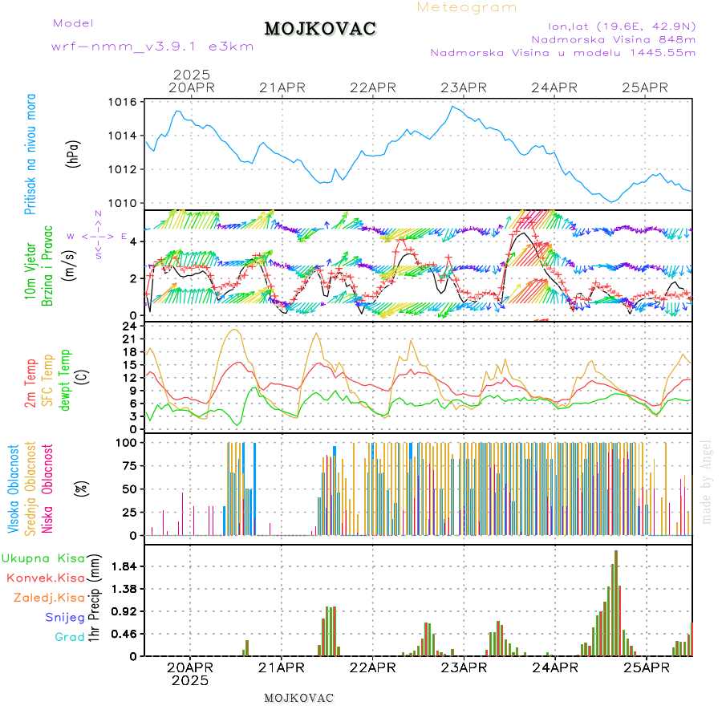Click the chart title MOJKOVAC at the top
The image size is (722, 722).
(x=320, y=29)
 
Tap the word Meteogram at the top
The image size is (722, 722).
(x=468, y=7)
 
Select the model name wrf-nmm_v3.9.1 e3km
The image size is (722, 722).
(x=152, y=47)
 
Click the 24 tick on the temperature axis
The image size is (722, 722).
(x=129, y=327)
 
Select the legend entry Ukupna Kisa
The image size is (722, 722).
(x=43, y=558)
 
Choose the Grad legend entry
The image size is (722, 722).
(x=70, y=637)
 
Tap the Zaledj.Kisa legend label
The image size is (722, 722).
(x=49, y=598)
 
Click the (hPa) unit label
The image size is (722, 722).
(x=74, y=152)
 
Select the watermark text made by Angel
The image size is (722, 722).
(x=707, y=481)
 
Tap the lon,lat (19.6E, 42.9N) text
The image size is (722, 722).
(x=621, y=26)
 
